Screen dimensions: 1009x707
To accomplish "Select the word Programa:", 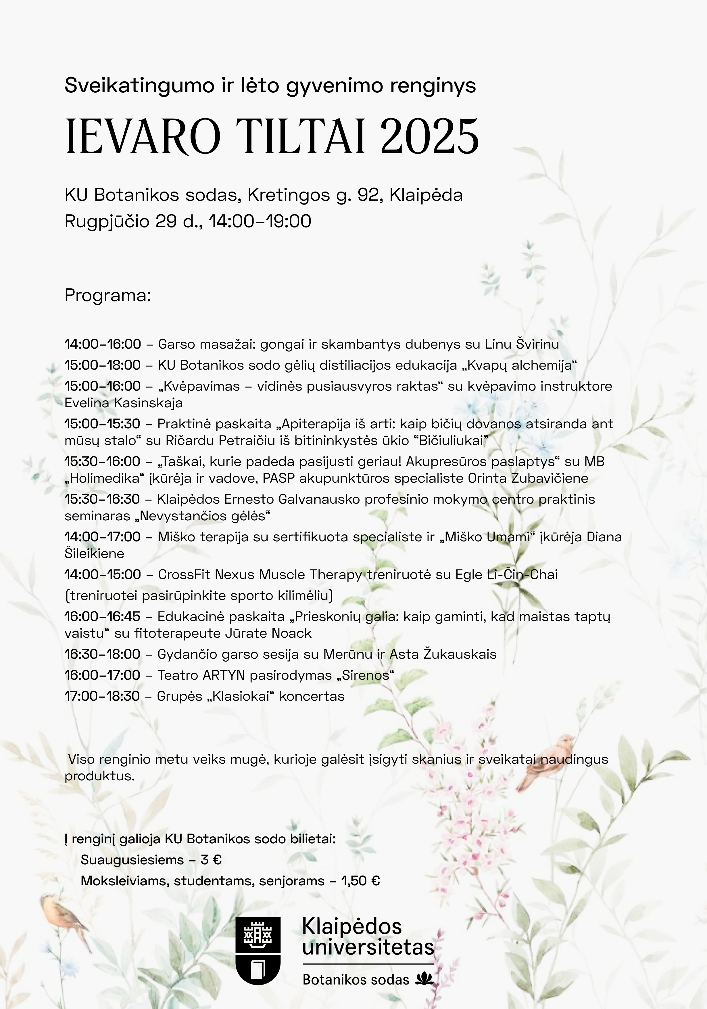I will pyautogui.click(x=107, y=296).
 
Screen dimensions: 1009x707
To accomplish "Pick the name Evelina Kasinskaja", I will pyautogui.click(x=123, y=403).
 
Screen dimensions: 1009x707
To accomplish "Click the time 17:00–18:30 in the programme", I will pyautogui.click(x=102, y=696).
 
